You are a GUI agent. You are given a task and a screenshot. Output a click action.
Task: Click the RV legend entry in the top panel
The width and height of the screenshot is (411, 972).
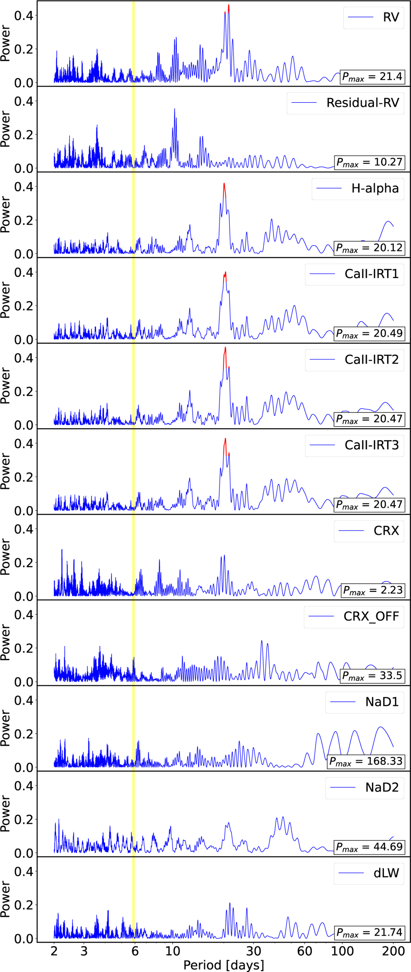tap(391, 17)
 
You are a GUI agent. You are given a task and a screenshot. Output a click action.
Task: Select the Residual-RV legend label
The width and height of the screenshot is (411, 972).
tap(362, 103)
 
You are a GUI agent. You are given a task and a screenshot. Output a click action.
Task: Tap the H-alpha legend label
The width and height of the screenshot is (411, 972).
tap(375, 188)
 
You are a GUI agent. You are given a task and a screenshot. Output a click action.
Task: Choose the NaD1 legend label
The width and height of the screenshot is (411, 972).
tap(382, 702)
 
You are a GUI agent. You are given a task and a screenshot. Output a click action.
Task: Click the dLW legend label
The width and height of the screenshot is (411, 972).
tap(386, 873)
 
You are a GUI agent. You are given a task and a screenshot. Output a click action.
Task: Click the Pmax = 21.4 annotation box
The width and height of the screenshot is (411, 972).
tap(372, 77)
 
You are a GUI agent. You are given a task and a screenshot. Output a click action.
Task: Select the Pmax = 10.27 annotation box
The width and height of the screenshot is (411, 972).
tap(369, 162)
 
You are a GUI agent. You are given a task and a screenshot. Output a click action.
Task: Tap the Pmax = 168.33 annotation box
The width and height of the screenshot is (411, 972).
tap(366, 761)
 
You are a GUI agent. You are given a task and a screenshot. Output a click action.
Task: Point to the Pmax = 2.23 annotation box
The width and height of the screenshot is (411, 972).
tap(373, 590)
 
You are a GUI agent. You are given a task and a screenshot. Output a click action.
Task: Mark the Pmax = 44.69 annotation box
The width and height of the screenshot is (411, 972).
tap(369, 846)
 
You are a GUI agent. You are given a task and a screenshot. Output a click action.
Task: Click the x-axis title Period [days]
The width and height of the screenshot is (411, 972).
tap(224, 965)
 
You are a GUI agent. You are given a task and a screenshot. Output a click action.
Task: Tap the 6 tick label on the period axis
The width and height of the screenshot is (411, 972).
tap(135, 951)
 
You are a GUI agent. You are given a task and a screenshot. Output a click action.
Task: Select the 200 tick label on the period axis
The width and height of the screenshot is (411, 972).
tap(393, 951)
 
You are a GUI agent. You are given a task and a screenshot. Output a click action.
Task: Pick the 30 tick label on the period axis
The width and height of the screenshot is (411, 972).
tap(253, 951)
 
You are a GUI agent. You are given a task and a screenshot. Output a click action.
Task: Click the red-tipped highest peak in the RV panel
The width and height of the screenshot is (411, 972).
tap(228, 7)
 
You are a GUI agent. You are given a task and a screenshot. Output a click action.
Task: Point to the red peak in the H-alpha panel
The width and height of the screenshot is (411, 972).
tap(224, 186)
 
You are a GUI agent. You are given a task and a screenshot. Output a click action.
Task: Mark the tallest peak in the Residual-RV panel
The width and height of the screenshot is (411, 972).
tap(174, 110)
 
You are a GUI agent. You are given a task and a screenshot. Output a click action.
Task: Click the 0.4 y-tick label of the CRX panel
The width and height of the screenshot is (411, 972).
tap(23, 529)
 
